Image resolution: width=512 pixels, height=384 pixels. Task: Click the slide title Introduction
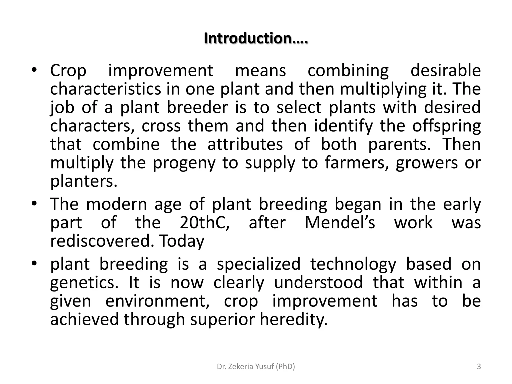click(x=256, y=38)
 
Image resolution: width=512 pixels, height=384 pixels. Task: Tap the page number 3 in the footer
click(x=479, y=366)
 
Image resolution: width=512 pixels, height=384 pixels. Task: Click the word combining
click(x=348, y=71)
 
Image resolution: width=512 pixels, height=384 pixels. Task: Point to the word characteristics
click(x=105, y=89)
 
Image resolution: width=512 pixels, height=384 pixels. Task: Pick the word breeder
click(x=197, y=107)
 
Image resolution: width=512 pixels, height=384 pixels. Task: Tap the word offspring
click(x=446, y=126)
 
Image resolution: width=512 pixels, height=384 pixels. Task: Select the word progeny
click(x=184, y=163)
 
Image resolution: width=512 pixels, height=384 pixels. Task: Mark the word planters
click(x=84, y=181)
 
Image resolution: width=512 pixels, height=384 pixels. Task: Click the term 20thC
click(x=204, y=222)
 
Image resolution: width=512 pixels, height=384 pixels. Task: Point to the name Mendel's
click(x=340, y=222)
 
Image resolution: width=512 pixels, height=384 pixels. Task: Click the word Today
click(x=181, y=241)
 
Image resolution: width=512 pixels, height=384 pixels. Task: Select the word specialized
click(x=258, y=264)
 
